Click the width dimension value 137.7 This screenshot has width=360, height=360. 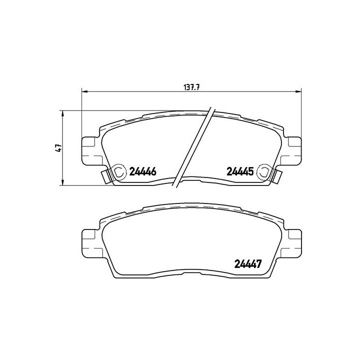pos(191,87)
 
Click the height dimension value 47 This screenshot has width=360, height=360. pos(58,148)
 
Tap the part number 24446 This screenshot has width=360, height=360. pos(143,171)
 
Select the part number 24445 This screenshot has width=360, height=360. pos(240,171)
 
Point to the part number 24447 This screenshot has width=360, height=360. pos(247,264)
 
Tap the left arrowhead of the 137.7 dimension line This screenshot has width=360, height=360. pos(84,92)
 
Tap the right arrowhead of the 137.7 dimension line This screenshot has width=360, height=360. pos(298,92)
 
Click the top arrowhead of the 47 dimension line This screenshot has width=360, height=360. pos(62,113)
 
